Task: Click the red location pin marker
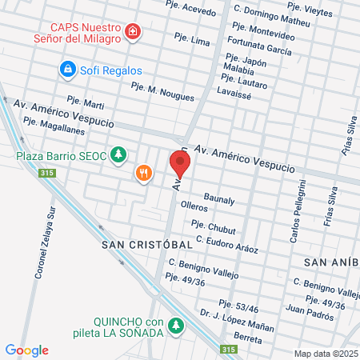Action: coord(180,164)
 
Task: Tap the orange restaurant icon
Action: coord(144,174)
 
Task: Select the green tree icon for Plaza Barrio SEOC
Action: coord(119,154)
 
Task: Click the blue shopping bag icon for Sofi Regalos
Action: coord(68,70)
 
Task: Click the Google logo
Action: coord(27,350)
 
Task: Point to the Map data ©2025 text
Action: coord(325,354)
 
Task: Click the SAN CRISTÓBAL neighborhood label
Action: coord(147,244)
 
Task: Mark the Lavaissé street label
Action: coord(246,93)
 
